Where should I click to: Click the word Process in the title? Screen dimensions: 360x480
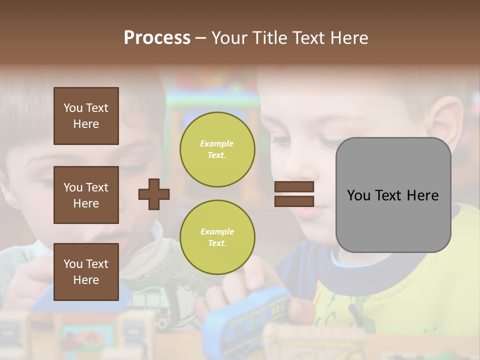coord(157,38)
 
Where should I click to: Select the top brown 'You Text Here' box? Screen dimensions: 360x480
coord(86,116)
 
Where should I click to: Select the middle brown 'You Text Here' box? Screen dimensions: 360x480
coord(86,195)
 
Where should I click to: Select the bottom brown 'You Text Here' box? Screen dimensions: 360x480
coord(86,272)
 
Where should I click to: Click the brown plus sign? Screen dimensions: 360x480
coord(154,194)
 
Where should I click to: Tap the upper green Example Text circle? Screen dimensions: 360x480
coord(217,149)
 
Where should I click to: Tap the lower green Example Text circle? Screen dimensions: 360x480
coord(217,237)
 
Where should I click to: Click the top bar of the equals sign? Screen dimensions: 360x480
coord(294,187)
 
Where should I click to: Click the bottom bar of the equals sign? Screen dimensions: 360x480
coord(294,201)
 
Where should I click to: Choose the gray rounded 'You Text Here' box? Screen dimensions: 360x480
coord(393,195)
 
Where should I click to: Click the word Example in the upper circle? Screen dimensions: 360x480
coord(217,144)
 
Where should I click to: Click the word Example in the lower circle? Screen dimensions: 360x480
coord(217,232)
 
